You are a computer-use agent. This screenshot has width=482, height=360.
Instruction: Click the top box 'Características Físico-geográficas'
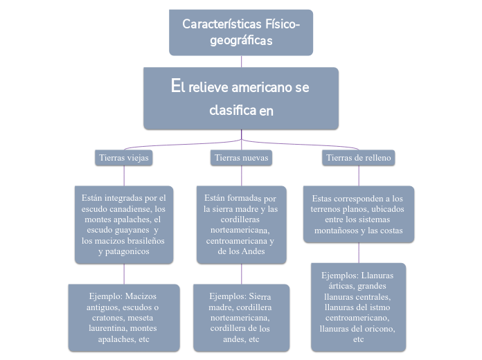pos(241,33)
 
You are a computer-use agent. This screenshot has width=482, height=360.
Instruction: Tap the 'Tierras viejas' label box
pos(123,158)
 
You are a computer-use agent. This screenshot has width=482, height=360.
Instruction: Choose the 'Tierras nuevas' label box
pos(241,158)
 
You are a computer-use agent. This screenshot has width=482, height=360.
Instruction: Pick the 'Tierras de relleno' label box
pos(358,158)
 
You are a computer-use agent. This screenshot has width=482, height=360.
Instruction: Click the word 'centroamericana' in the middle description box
pos(235,241)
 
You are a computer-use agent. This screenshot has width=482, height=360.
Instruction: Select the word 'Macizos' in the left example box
pos(141,296)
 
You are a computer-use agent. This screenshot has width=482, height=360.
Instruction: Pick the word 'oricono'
pos(382,329)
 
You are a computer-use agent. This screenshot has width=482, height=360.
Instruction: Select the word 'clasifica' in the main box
pos(232,111)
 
